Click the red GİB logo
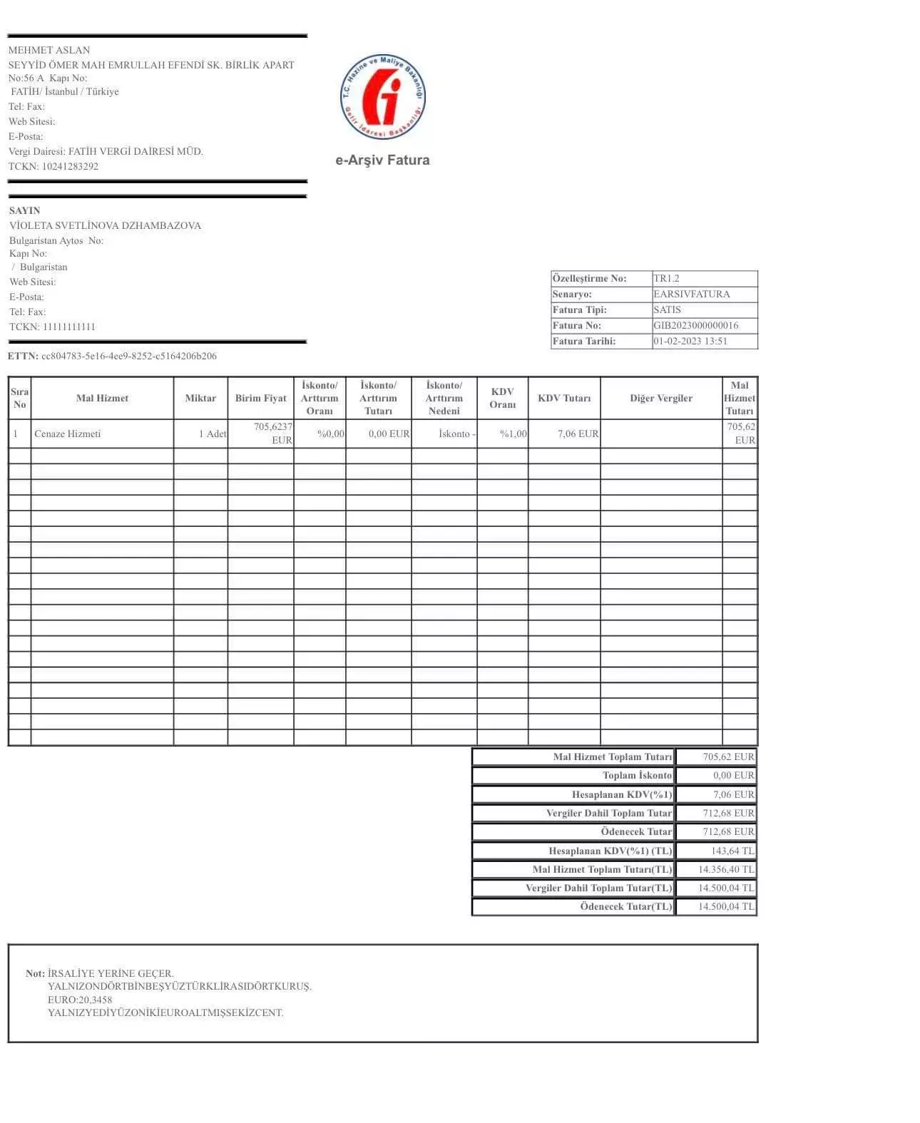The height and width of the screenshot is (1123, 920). click(382, 96)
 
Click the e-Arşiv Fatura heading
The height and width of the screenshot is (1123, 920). click(382, 160)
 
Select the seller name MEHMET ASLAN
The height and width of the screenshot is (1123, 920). click(49, 50)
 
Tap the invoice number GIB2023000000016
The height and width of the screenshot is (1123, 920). click(695, 325)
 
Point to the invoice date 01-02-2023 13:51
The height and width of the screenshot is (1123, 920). click(690, 341)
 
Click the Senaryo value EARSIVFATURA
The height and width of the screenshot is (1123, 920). click(691, 294)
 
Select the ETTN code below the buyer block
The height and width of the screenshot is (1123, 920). click(128, 356)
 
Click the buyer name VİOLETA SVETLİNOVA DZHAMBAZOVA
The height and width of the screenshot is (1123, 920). click(105, 225)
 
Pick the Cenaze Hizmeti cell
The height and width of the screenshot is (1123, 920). click(68, 434)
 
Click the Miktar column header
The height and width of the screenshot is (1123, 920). click(200, 398)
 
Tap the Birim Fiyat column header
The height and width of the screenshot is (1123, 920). click(260, 398)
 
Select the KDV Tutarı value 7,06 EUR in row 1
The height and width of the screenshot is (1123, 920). click(578, 434)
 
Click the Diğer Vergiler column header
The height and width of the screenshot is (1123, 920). click(660, 398)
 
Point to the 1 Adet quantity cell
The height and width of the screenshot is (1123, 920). click(212, 434)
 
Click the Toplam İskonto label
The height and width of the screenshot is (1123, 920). click(637, 775)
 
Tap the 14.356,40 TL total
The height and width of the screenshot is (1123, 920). click(725, 869)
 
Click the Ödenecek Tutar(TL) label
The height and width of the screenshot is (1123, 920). click(625, 906)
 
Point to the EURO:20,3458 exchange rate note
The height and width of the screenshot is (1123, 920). click(80, 1000)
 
